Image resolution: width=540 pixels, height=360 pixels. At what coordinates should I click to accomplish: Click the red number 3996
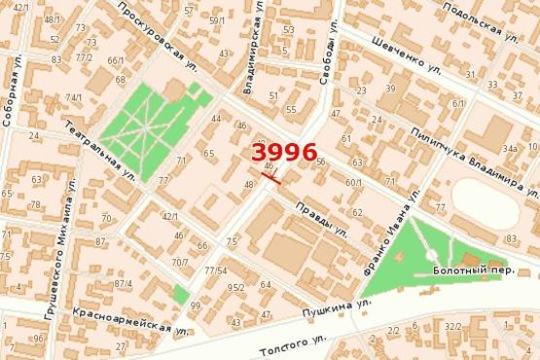coord(284,152)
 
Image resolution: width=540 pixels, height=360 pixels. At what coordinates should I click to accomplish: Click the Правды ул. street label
coord(322,221)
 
